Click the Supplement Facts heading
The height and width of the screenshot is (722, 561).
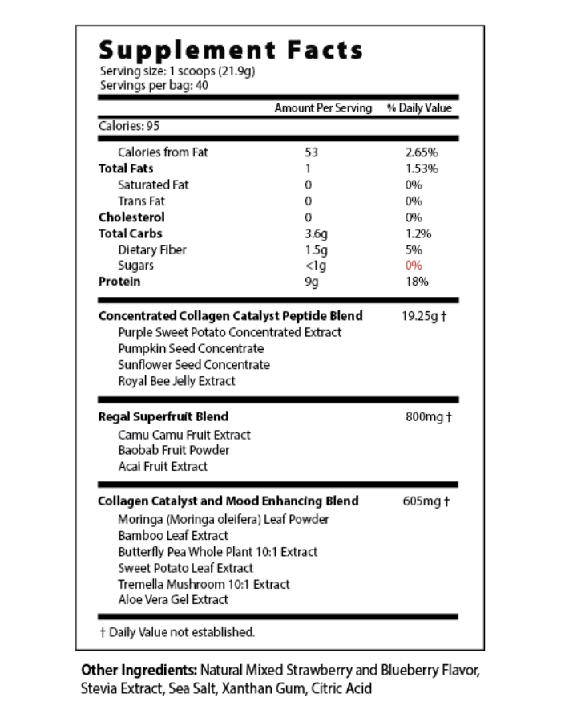231,51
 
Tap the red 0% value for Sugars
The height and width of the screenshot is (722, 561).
414,266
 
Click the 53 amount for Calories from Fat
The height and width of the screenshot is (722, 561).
312,152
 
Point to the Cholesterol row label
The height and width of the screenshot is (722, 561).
131,217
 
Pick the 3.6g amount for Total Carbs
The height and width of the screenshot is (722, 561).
316,233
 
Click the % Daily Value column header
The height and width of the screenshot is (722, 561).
419,108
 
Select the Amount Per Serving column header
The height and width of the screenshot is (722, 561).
323,108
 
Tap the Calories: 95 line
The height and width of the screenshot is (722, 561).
130,126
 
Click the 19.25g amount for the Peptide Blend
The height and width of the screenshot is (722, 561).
424,316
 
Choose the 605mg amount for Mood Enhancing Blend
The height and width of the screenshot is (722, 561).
426,501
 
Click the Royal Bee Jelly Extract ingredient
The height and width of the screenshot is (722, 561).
176,381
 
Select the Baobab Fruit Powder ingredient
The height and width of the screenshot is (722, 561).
173,450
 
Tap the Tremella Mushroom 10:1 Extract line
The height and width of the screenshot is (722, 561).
204,584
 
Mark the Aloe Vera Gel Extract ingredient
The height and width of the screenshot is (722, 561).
173,599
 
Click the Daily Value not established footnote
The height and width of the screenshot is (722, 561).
177,632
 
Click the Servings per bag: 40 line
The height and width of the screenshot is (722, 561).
154,84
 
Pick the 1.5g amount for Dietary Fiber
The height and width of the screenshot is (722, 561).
316,249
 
